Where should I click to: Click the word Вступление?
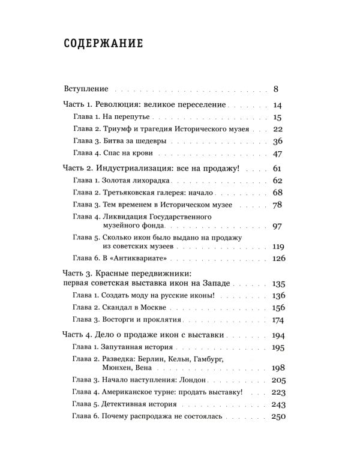pyautogui.click(x=86, y=89)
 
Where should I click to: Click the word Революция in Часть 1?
pyautogui.click(x=121, y=105)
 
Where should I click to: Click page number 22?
pyautogui.click(x=277, y=129)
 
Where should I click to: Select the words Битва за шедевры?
pyautogui.click(x=133, y=142)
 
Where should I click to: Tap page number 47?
pyautogui.click(x=277, y=154)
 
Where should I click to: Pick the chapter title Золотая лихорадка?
pyautogui.click(x=140, y=181)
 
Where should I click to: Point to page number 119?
pyautogui.click(x=277, y=246)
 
